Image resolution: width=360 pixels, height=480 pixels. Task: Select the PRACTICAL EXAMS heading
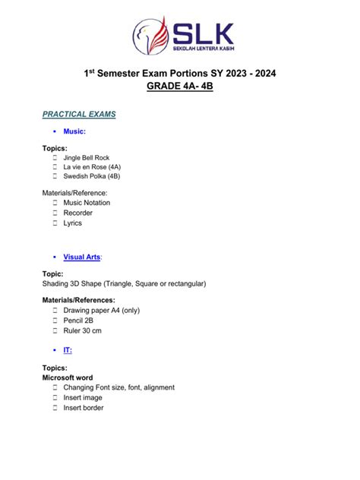coord(79,114)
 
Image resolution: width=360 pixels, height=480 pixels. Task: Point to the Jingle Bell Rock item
coord(87,157)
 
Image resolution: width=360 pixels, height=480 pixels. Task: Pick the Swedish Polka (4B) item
coord(92,175)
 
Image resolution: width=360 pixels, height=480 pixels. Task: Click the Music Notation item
coord(87,203)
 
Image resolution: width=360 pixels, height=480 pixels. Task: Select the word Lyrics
coord(73,223)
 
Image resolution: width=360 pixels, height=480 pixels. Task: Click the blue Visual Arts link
coord(82,257)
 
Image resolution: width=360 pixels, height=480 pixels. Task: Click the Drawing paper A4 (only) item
coord(101,310)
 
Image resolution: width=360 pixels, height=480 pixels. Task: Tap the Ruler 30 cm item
coord(82,330)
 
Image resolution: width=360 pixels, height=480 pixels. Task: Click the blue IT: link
coord(68,349)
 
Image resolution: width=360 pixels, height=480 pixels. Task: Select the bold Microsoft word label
coord(68,377)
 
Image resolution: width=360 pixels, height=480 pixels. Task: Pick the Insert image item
coord(84,397)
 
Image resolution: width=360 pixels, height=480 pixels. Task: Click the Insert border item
coord(84,407)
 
